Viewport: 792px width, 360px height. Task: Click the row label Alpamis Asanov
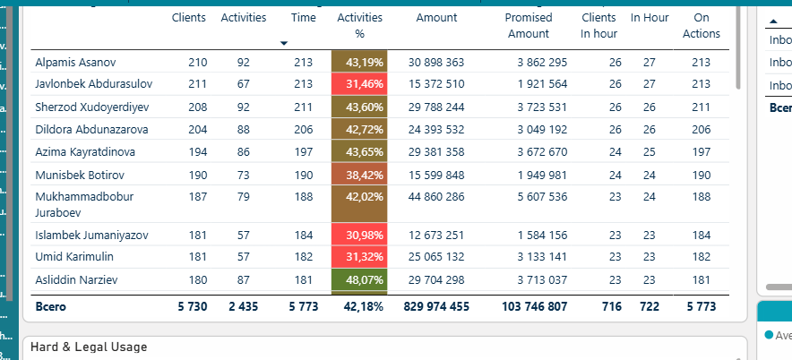[75, 63]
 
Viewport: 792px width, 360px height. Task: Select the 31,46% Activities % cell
[359, 84]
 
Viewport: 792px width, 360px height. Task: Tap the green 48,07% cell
[359, 280]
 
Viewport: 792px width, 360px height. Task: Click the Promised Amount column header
[529, 25]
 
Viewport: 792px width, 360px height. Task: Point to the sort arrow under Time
[284, 43]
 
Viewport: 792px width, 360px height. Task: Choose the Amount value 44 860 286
[436, 196]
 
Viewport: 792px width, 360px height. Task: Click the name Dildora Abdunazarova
[91, 129]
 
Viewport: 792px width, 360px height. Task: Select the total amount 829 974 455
[436, 306]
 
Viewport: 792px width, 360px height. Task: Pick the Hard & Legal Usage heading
[89, 347]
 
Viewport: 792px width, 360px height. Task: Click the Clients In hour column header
[598, 25]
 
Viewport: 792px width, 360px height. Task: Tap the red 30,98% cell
[359, 236]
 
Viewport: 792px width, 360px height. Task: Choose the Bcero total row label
[50, 306]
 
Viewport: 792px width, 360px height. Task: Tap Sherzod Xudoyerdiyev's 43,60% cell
[359, 107]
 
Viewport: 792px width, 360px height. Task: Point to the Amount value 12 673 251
[436, 236]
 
